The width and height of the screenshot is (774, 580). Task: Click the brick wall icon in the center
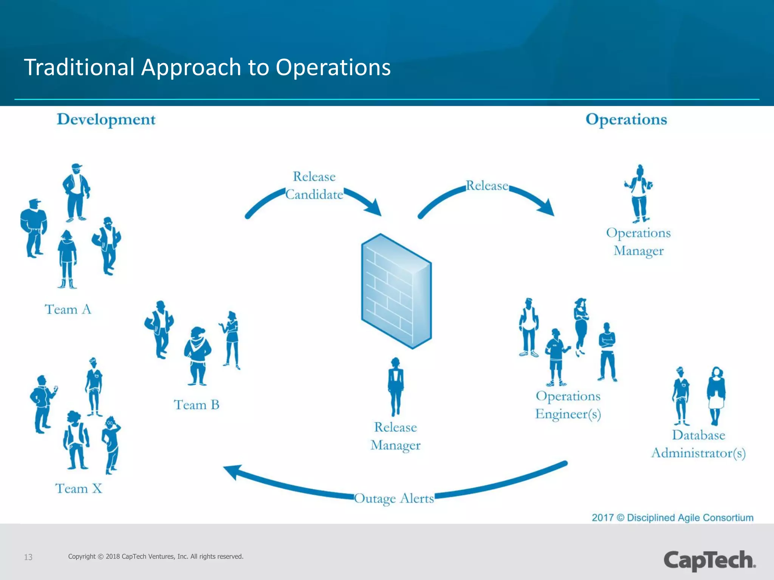(x=396, y=291)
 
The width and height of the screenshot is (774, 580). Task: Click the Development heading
(x=106, y=120)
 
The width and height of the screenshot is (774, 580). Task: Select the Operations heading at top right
(x=626, y=120)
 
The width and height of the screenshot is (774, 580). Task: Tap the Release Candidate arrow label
(x=314, y=185)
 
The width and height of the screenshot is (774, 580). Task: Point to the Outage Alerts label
(x=394, y=499)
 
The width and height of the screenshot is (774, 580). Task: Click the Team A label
(x=68, y=309)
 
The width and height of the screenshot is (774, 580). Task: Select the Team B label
(x=197, y=405)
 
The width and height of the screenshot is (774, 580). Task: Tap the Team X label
(x=79, y=489)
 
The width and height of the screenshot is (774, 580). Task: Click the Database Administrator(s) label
(x=698, y=444)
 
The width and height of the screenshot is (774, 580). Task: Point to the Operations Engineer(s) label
(x=568, y=405)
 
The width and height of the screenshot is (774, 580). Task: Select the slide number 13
(x=28, y=557)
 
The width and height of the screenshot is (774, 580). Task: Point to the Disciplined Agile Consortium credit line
(x=672, y=517)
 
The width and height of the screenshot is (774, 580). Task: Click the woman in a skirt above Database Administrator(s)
(x=716, y=395)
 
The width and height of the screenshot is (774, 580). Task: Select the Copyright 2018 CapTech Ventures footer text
(x=156, y=556)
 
